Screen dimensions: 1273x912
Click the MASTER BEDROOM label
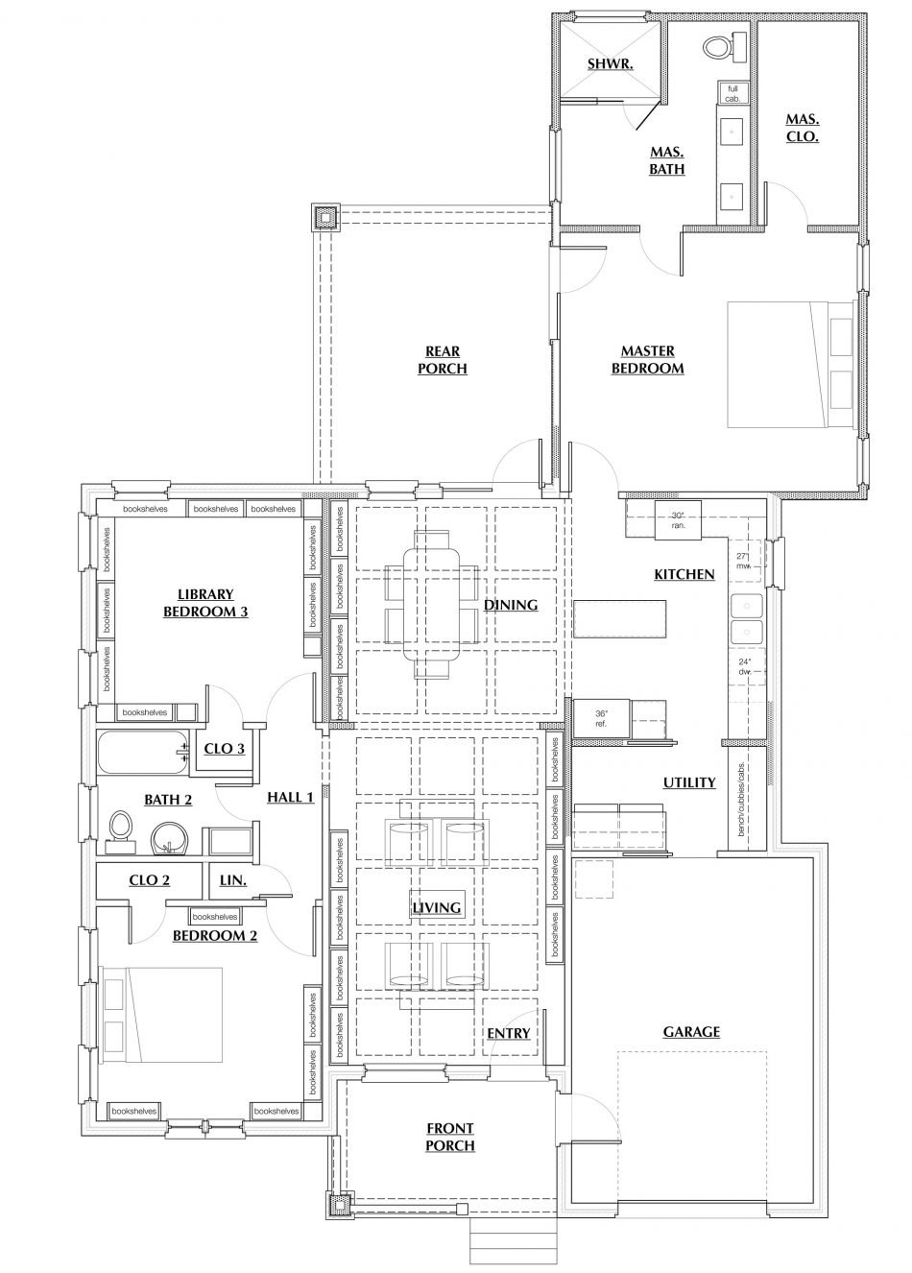[647, 360]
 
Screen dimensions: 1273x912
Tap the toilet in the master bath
[717, 45]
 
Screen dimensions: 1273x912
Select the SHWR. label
[607, 64]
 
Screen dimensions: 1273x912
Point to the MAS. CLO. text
[802, 128]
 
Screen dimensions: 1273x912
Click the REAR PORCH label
[443, 360]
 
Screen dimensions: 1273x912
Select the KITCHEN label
[684, 574]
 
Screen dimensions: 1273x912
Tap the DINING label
[511, 605]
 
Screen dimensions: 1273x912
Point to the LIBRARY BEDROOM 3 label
[205, 603]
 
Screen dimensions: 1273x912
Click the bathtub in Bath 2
[141, 751]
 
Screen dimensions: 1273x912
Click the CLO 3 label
[224, 748]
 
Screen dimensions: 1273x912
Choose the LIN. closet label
[233, 879]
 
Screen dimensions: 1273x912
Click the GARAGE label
[691, 1032]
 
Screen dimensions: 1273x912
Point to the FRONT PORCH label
[449, 1137]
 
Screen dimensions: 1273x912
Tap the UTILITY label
[689, 782]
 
